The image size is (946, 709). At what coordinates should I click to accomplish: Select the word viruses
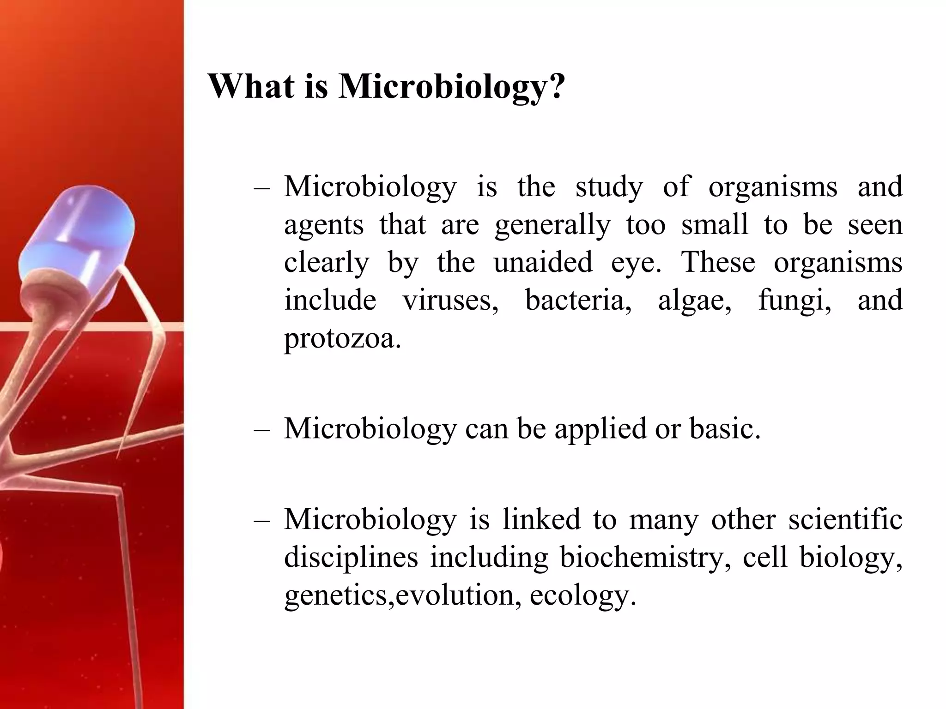click(450, 300)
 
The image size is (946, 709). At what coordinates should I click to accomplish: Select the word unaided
click(543, 262)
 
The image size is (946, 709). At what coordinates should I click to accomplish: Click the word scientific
click(845, 519)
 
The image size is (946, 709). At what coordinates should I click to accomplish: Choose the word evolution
click(455, 595)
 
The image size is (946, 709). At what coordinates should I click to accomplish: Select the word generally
click(552, 225)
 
